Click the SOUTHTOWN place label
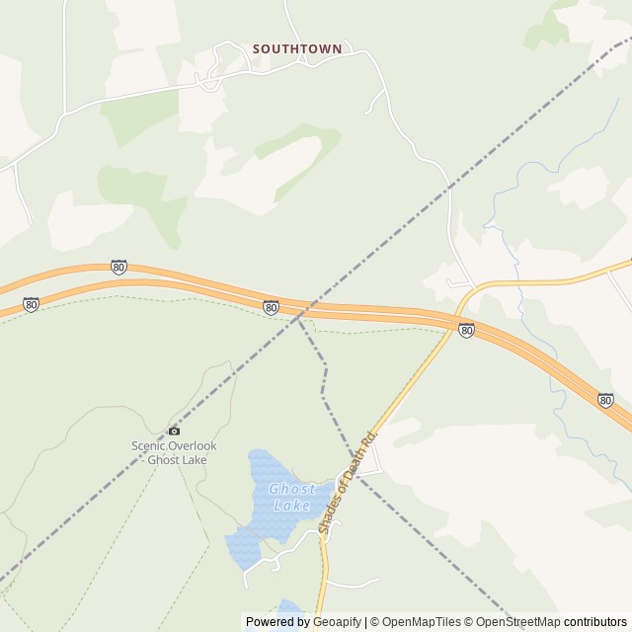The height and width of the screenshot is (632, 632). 296,47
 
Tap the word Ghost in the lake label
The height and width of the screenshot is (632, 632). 292,490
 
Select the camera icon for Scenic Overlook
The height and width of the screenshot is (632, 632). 174,431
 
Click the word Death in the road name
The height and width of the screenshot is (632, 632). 355,472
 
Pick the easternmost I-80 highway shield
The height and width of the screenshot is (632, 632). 604,400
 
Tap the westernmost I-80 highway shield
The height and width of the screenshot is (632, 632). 32,305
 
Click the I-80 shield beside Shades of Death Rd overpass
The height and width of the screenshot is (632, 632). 466,330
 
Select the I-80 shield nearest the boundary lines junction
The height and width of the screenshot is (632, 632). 271,308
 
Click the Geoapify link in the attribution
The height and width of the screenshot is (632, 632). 337,622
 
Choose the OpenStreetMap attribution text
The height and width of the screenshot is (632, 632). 518,622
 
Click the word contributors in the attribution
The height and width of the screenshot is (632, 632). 595,622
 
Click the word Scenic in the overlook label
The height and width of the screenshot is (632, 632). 147,445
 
